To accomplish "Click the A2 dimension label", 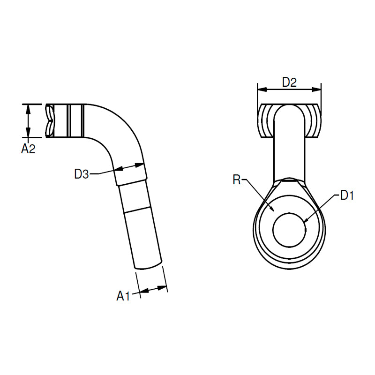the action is pos(28,149).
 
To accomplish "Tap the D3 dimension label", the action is pos(82,174).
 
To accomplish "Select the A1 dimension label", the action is pos(123,296).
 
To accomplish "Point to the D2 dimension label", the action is pos(289,82).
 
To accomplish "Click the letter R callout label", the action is pos(237,180).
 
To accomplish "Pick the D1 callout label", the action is pos(347,195).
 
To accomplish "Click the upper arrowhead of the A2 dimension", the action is pos(28,109).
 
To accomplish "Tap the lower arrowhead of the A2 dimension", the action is pos(28,133).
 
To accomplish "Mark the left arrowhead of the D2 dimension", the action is pos(262,90).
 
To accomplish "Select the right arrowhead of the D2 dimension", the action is pos(316,90).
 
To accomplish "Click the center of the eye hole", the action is pos(289,230).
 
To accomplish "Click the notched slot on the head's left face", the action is pos(50,121).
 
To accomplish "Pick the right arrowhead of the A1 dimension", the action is pos(162,288).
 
